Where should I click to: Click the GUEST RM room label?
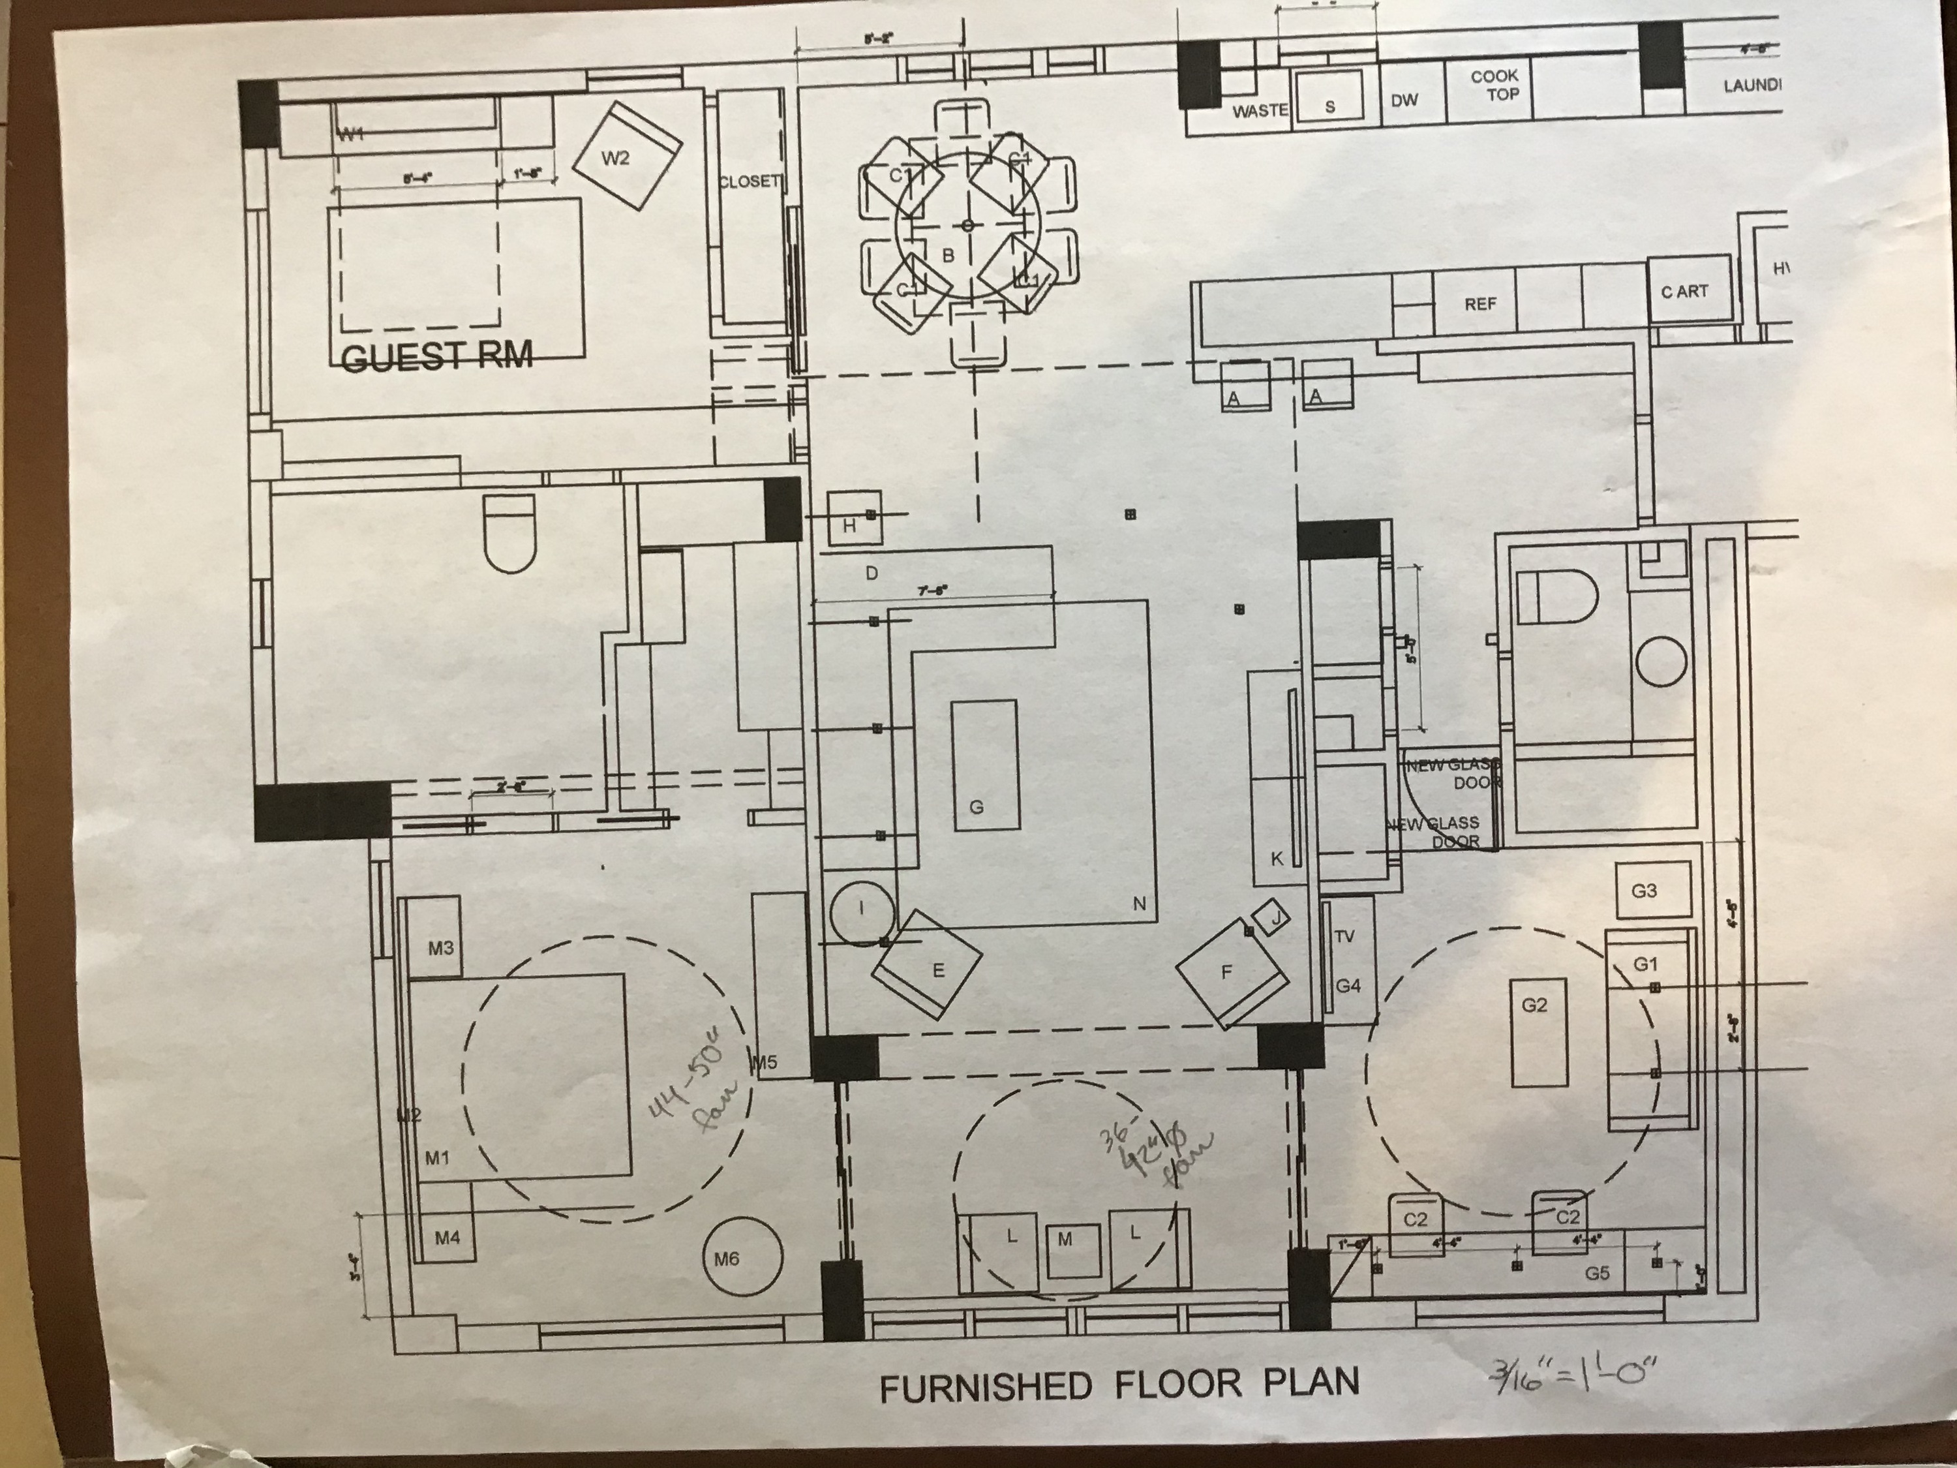(437, 357)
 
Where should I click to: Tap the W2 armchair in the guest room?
(628, 156)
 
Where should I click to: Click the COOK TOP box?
(1494, 86)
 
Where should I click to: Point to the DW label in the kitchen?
(1404, 100)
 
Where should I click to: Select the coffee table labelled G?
(984, 765)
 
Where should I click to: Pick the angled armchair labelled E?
(926, 966)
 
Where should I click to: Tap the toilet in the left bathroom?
(511, 532)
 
